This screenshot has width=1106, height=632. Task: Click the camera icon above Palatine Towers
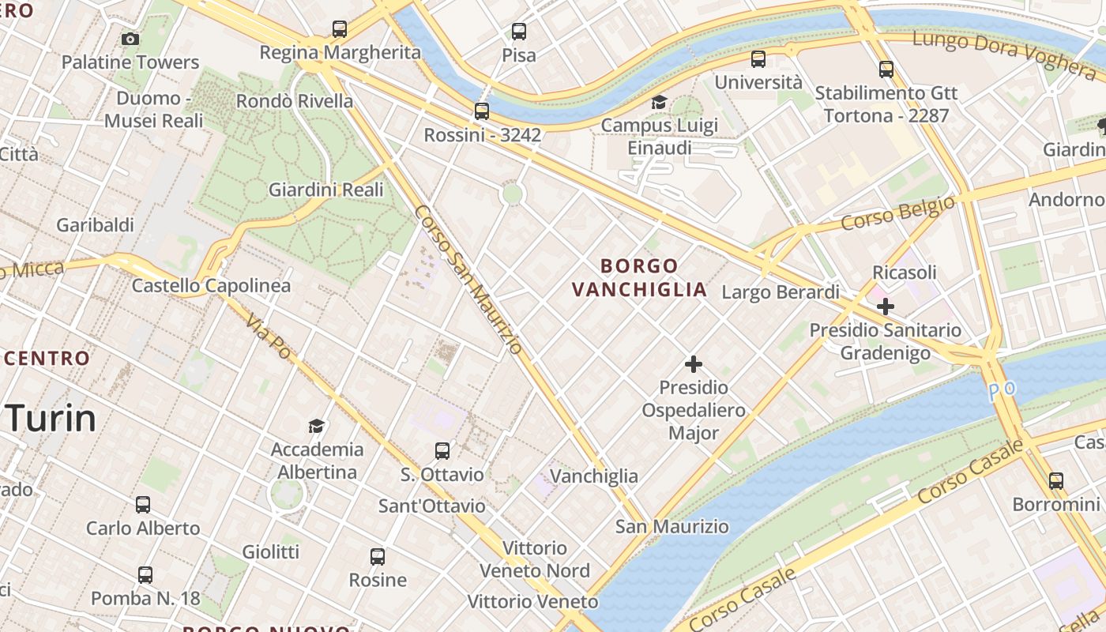click(x=130, y=39)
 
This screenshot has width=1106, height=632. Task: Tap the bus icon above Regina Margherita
click(x=340, y=29)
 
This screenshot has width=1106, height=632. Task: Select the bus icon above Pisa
click(x=519, y=32)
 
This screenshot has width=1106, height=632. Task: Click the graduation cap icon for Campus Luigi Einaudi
click(x=659, y=102)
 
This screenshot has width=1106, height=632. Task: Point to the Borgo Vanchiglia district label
click(x=639, y=277)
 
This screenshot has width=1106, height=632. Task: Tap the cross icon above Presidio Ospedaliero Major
click(x=694, y=364)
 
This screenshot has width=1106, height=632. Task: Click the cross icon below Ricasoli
click(x=886, y=307)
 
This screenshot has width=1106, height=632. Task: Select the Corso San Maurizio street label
click(x=468, y=279)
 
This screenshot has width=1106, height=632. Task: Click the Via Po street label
click(x=269, y=336)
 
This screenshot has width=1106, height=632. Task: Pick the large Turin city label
click(x=52, y=417)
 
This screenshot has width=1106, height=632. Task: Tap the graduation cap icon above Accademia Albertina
click(x=317, y=426)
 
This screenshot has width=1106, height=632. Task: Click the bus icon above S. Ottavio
click(x=442, y=451)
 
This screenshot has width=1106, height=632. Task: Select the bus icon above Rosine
click(x=378, y=557)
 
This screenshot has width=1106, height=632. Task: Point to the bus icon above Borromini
click(x=1056, y=480)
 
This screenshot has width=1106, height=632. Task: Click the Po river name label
click(x=1002, y=389)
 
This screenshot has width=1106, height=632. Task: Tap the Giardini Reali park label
click(x=326, y=190)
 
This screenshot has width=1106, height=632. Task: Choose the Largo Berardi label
click(x=781, y=292)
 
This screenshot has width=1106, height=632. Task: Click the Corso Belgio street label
click(x=897, y=213)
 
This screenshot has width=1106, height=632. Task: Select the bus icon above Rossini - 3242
click(x=482, y=111)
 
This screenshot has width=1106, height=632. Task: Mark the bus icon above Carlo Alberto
click(x=143, y=504)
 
